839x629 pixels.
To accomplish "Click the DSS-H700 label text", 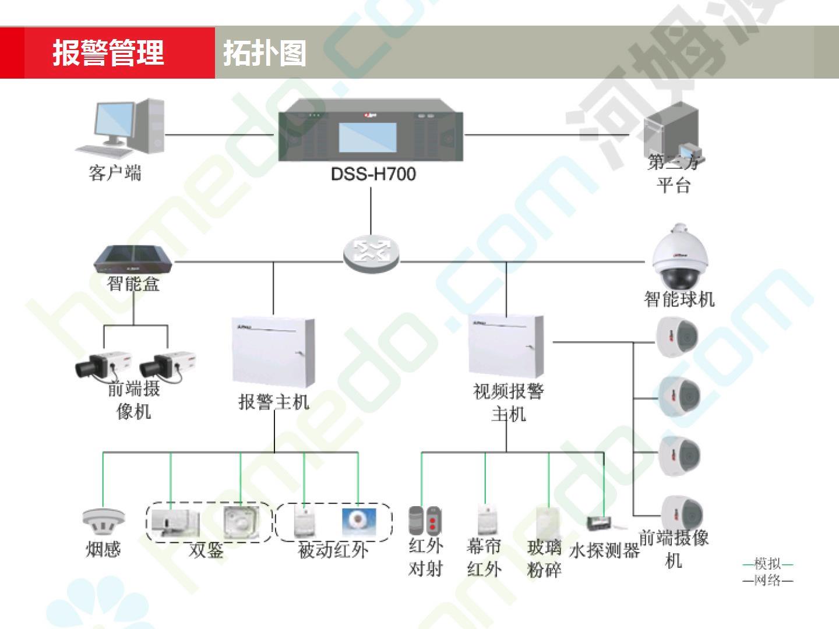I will pyautogui.click(x=373, y=174).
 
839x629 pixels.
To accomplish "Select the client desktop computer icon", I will pyautogui.click(x=120, y=129).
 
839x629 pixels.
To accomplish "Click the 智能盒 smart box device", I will pyautogui.click(x=133, y=259).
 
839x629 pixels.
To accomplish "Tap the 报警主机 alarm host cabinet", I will pyautogui.click(x=273, y=353).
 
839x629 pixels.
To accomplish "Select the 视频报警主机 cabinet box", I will pyautogui.click(x=506, y=346).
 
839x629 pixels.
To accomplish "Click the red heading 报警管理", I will pyautogui.click(x=108, y=53).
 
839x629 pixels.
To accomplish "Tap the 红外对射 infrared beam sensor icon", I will pyautogui.click(x=425, y=521).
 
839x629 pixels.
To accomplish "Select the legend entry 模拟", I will pyautogui.click(x=767, y=564).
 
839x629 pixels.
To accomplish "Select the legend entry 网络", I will pyautogui.click(x=767, y=580).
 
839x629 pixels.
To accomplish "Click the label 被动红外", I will pyautogui.click(x=333, y=550).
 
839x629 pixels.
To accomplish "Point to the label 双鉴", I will pyautogui.click(x=206, y=550).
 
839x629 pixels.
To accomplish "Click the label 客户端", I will pyautogui.click(x=115, y=173).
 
